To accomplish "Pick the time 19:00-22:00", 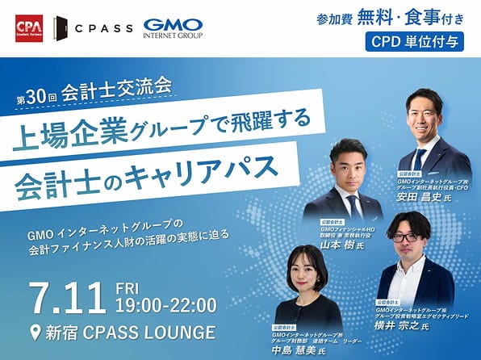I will point(166,306).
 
